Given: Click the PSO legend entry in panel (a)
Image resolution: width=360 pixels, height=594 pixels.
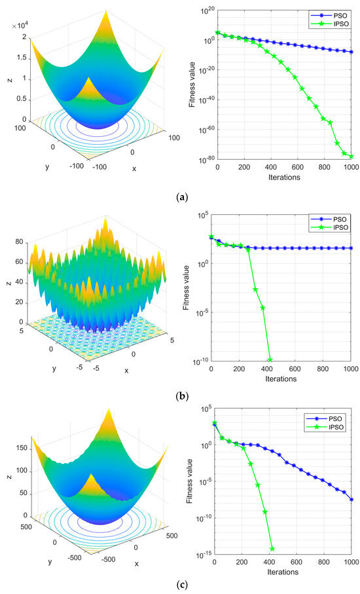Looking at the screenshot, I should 327,13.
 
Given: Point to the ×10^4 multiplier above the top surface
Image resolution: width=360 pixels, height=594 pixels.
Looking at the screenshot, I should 21,26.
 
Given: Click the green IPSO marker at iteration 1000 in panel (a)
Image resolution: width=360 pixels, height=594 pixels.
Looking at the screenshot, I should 351,157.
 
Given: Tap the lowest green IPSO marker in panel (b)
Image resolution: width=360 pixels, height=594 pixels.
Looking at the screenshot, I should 270,360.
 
